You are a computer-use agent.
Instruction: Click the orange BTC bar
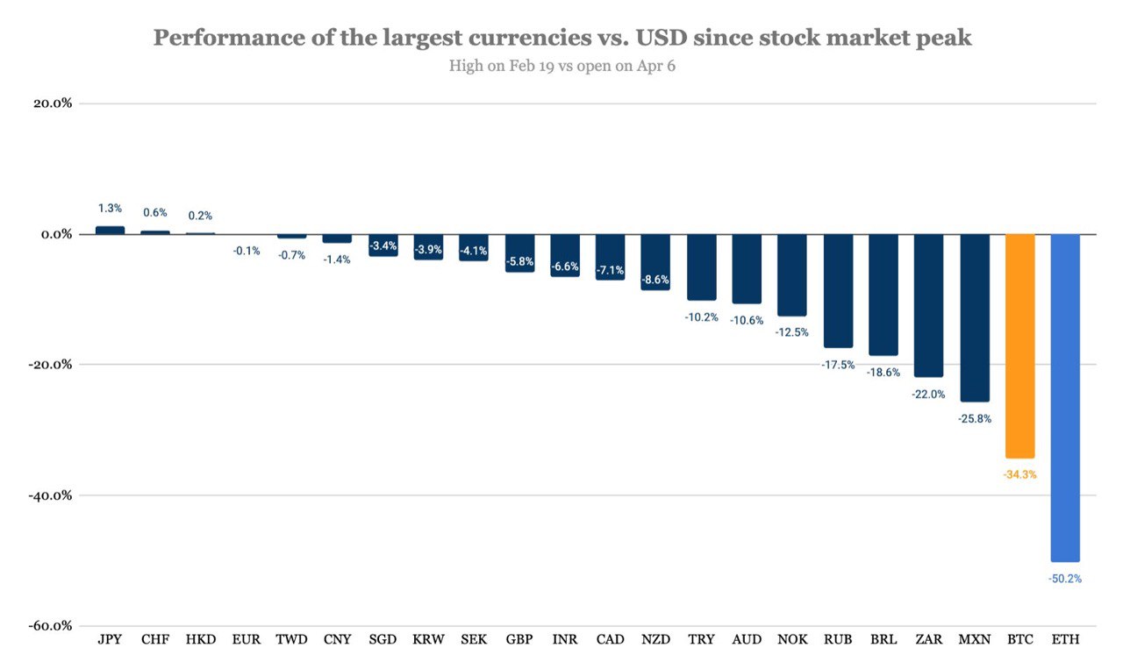(x=1019, y=345)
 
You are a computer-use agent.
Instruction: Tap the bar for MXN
(x=974, y=317)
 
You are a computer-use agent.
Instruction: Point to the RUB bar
(x=838, y=290)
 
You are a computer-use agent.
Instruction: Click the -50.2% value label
(x=1065, y=579)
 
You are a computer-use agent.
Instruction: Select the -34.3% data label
(x=1019, y=474)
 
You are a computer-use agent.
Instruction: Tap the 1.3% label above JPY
(x=110, y=209)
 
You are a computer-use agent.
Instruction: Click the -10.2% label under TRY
(x=702, y=317)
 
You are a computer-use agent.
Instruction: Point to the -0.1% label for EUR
(x=247, y=251)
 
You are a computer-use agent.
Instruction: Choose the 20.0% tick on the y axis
(x=53, y=103)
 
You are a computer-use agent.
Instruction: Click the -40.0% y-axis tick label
(x=51, y=495)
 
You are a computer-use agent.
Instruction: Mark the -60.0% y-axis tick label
(x=51, y=626)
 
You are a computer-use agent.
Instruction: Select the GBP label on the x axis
(x=519, y=640)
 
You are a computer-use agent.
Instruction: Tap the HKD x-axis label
(x=201, y=640)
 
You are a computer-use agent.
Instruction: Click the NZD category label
(x=655, y=640)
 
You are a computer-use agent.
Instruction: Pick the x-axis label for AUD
(x=747, y=640)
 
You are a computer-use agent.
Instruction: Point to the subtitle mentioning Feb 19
(x=561, y=66)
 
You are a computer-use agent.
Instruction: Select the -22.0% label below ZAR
(x=928, y=394)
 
